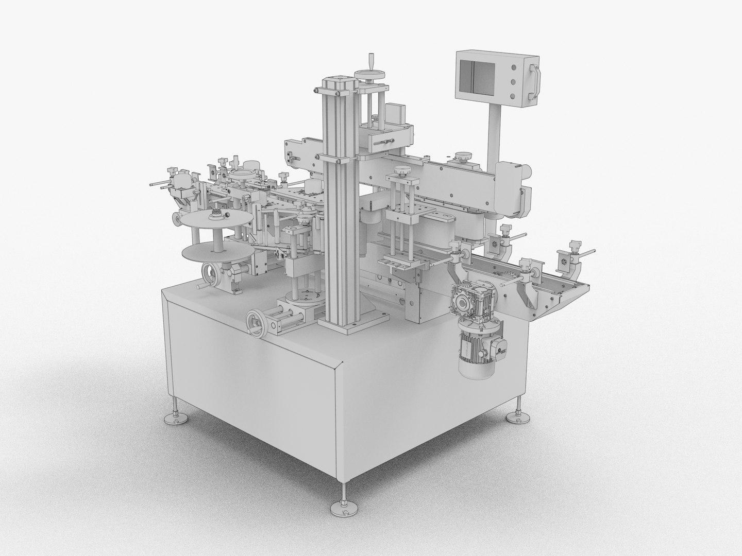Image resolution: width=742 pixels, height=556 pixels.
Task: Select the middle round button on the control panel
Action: tap(513, 81)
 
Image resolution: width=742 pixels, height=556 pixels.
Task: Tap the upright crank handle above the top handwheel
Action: tap(370, 62)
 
